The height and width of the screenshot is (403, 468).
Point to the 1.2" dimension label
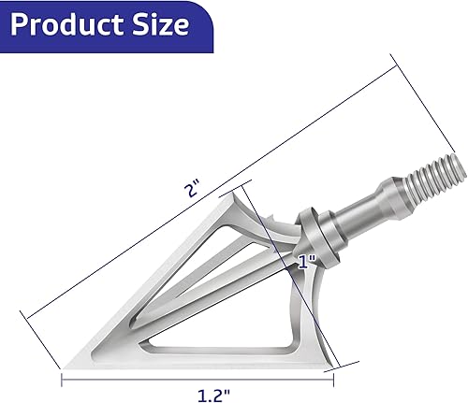coord(196,394)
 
